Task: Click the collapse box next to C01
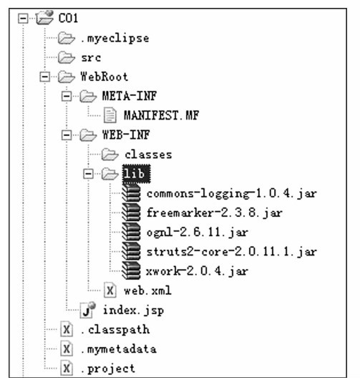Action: [x=23, y=19]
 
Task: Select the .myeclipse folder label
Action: [x=115, y=39]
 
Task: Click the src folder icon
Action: [x=67, y=57]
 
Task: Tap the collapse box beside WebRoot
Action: [x=44, y=77]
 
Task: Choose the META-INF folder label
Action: [x=130, y=96]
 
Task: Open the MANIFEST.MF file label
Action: [x=161, y=115]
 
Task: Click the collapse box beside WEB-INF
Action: [x=67, y=135]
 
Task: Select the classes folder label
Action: [x=148, y=155]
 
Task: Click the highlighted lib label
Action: [x=136, y=174]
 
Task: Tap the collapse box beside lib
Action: [x=88, y=174]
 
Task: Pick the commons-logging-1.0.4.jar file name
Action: [x=232, y=194]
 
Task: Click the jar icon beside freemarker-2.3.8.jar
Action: [x=132, y=213]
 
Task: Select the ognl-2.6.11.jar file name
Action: [x=198, y=233]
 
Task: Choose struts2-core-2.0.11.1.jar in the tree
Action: [x=232, y=252]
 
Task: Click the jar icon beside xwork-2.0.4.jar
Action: [x=132, y=271]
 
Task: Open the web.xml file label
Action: [x=147, y=291]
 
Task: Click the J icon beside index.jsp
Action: [x=87, y=310]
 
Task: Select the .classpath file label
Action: [x=115, y=329]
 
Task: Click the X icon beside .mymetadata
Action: [x=67, y=349]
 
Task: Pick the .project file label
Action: [x=108, y=369]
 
